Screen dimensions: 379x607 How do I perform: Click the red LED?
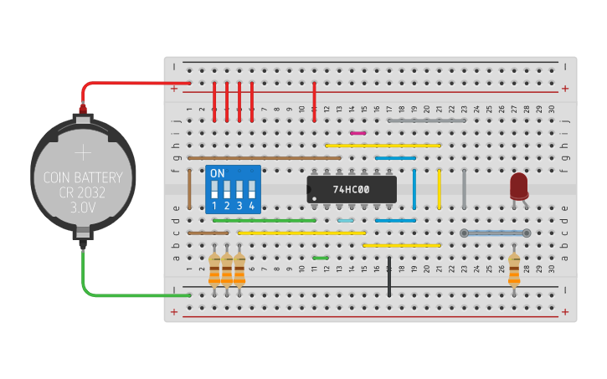[x=519, y=185]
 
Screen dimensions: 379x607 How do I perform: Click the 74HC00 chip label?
[x=351, y=189]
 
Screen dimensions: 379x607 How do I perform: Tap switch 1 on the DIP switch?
[x=214, y=190]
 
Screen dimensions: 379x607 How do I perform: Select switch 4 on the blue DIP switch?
[x=251, y=190]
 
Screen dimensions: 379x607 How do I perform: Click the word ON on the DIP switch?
[x=218, y=173]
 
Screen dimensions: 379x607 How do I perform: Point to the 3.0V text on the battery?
[x=83, y=206]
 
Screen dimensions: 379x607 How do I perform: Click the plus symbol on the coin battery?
[x=83, y=152]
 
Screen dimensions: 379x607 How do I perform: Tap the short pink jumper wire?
[x=358, y=132]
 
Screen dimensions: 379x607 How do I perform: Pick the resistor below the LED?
[x=513, y=269]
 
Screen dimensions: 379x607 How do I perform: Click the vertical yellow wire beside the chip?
[x=440, y=189]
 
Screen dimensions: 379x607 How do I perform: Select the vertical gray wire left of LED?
[x=464, y=189]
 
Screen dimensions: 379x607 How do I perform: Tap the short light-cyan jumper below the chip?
[x=345, y=221]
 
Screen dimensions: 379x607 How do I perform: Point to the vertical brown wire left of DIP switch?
[x=190, y=189]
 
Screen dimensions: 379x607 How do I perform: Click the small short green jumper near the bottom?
[x=320, y=258]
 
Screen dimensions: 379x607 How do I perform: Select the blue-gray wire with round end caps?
[x=495, y=233]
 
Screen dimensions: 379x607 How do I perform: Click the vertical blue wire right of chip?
[x=414, y=189]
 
